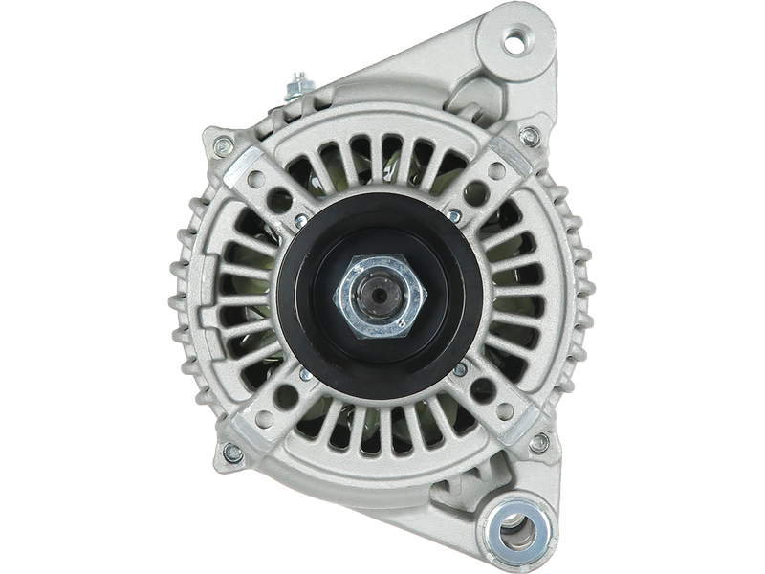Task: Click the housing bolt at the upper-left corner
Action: pyautogui.click(x=223, y=146)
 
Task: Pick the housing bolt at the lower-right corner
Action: pyautogui.click(x=541, y=442)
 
